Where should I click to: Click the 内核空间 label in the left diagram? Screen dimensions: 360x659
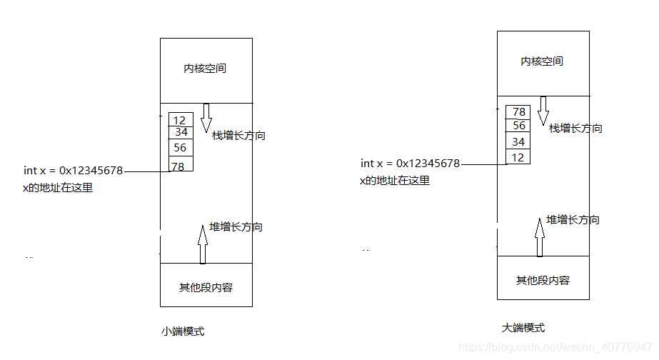click(x=206, y=69)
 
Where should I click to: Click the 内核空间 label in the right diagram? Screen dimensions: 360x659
click(x=542, y=61)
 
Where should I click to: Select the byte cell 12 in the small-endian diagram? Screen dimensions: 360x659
click(x=180, y=120)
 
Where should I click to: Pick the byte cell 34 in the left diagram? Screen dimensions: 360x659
click(x=181, y=132)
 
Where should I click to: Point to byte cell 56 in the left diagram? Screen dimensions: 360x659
click(x=180, y=148)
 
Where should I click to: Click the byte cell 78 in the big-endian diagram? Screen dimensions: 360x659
click(x=518, y=112)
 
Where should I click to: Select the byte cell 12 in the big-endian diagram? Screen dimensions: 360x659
click(x=518, y=157)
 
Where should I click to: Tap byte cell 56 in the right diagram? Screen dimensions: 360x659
click(x=518, y=126)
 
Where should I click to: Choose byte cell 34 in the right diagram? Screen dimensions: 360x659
click(x=518, y=141)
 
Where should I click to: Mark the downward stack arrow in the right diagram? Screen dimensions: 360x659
click(x=543, y=110)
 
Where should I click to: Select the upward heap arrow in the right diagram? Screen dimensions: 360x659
click(x=539, y=236)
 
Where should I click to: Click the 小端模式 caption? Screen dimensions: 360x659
click(x=183, y=331)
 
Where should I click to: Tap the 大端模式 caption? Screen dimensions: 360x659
click(x=523, y=328)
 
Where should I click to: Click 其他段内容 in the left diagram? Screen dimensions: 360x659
click(x=206, y=288)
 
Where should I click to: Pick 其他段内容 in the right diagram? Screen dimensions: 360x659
click(x=543, y=281)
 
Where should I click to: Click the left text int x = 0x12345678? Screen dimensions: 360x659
click(x=73, y=171)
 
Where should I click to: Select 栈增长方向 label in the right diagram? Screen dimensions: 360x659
click(x=575, y=129)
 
